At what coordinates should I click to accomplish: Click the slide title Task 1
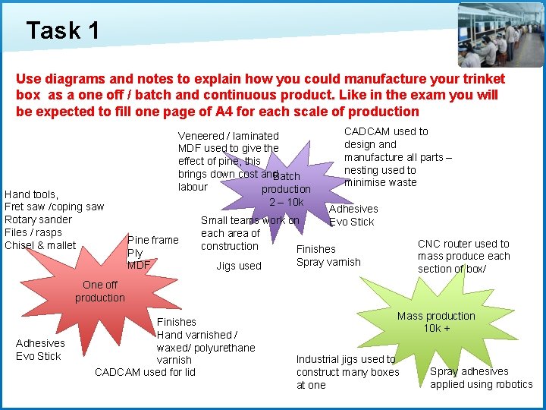62,30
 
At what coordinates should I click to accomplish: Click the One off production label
100,292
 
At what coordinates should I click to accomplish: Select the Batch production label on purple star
286,183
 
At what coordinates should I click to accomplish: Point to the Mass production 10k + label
436,322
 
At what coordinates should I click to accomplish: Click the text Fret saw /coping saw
55,207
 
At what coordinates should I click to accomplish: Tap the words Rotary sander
38,219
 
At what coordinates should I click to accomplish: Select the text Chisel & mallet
40,245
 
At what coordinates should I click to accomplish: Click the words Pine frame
153,240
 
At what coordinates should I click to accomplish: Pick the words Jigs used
238,266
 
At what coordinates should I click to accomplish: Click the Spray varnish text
328,262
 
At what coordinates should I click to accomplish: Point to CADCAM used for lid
145,372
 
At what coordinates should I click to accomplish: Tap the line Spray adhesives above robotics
469,371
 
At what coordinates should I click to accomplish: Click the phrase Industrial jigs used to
346,359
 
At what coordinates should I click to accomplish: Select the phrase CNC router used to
463,244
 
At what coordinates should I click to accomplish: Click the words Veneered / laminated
228,136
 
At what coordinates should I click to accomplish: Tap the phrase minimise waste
380,182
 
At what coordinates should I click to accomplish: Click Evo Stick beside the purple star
351,222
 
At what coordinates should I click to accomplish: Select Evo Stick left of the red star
38,356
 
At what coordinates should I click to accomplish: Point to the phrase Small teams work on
249,220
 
